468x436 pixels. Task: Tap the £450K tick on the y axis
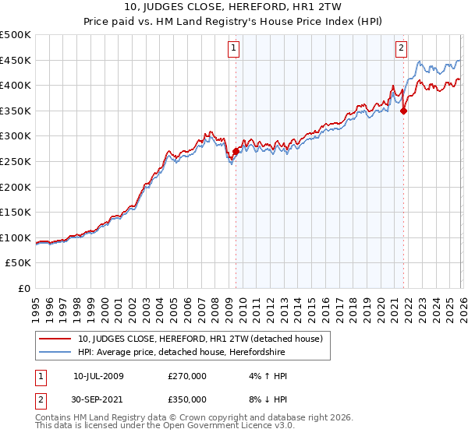(16, 60)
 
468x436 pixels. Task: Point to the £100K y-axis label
(16, 238)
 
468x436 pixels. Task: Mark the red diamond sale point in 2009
(236, 152)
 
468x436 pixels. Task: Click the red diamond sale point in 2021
(404, 111)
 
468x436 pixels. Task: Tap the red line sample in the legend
(55, 339)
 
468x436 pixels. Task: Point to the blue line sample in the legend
(55, 353)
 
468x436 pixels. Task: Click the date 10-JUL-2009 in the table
(98, 376)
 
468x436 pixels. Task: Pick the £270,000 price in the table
(187, 376)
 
